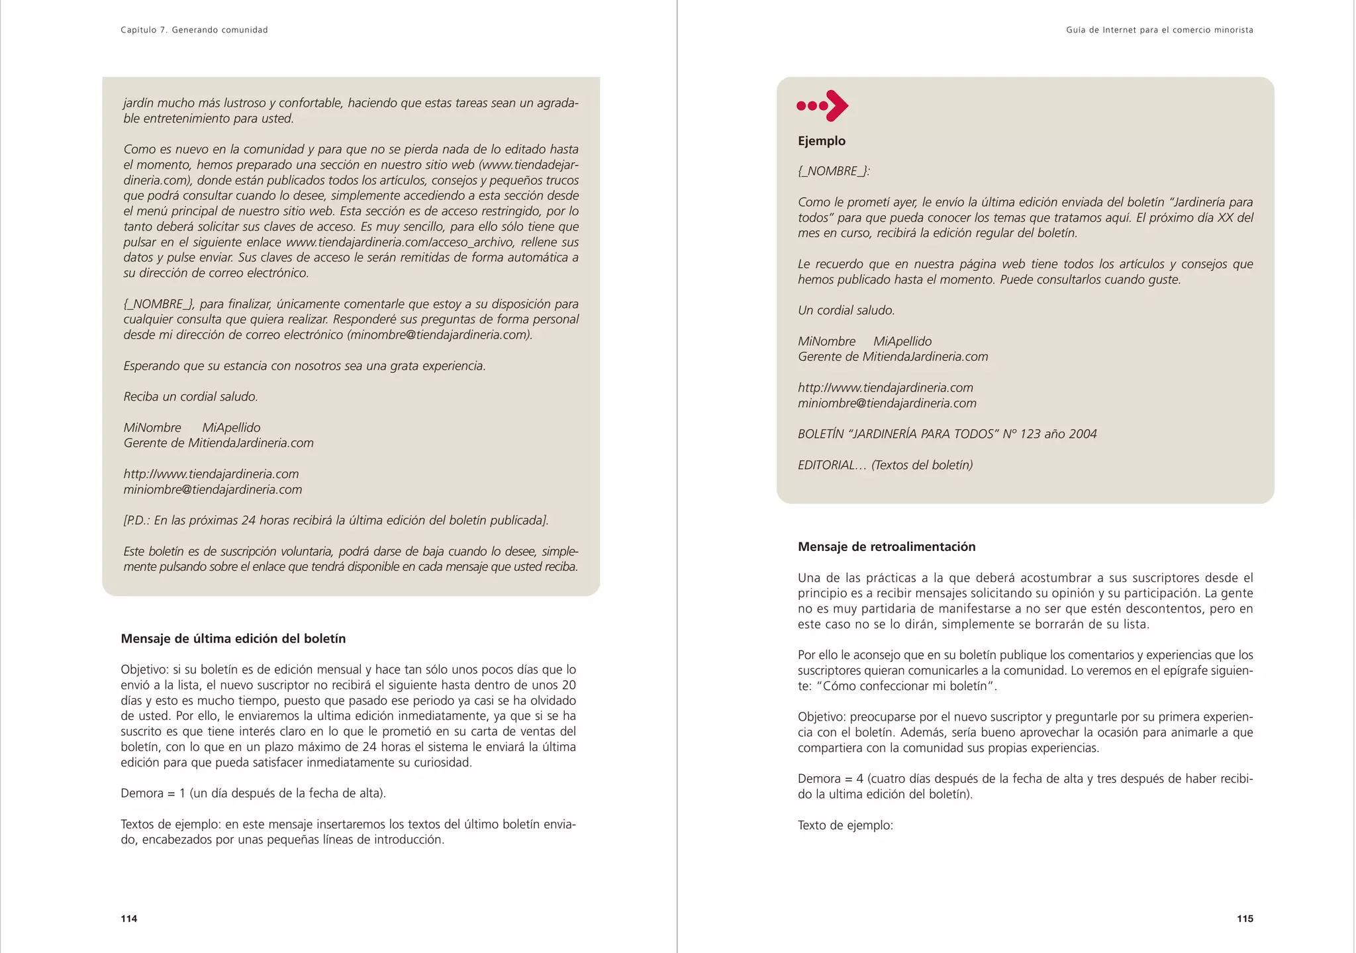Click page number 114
click(x=129, y=919)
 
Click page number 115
click(x=1245, y=919)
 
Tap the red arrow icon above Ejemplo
click(x=822, y=106)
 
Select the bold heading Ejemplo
click(x=822, y=141)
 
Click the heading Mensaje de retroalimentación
click(x=887, y=547)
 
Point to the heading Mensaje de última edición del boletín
click(x=233, y=639)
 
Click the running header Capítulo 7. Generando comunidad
click(x=194, y=30)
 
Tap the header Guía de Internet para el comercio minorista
click(x=1159, y=30)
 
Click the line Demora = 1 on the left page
click(x=253, y=793)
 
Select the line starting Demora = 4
click(x=1025, y=779)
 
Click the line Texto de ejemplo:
click(x=846, y=826)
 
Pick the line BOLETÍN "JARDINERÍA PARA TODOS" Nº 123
click(x=947, y=434)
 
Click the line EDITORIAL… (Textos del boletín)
click(x=885, y=466)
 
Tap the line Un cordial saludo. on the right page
click(x=846, y=311)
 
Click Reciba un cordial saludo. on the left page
click(x=191, y=397)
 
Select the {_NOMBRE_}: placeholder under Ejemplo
click(x=834, y=172)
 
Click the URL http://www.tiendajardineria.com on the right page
click(x=885, y=388)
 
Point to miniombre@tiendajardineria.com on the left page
click(x=213, y=490)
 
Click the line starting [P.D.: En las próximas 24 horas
click(x=336, y=521)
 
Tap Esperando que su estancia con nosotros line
click(x=305, y=366)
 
